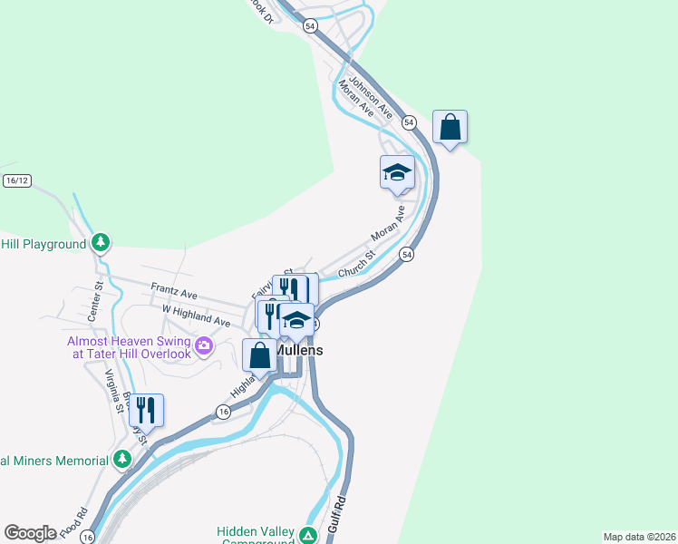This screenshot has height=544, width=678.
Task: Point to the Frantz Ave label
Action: click(174, 294)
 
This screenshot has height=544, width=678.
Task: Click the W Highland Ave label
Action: click(196, 315)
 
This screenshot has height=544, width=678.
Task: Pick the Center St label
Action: click(94, 302)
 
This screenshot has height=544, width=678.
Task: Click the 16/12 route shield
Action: click(17, 180)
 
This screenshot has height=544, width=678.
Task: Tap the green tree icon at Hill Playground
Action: click(101, 242)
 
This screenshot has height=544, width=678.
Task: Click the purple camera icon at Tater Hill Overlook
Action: click(204, 345)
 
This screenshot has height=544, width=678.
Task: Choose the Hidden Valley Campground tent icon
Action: click(309, 536)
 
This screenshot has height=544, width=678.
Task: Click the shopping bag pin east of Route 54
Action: click(450, 128)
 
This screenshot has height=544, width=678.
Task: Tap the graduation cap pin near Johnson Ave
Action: click(397, 173)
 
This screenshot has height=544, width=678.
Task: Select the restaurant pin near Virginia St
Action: click(146, 411)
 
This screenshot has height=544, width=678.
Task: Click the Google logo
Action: click(30, 533)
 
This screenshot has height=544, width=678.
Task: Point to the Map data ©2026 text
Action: click(639, 537)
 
